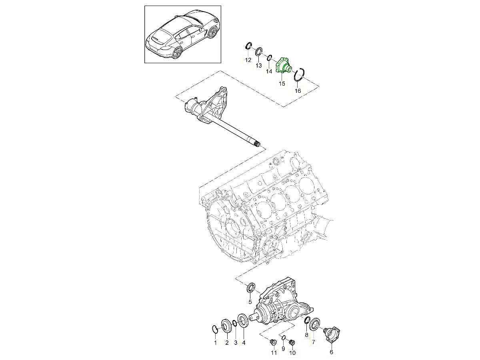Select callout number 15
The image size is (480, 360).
tap(282, 84)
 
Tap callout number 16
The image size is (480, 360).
tap(298, 91)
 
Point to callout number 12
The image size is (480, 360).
tap(248, 60)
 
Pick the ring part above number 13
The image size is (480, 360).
tap(259, 51)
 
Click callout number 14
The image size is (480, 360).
tap(269, 71)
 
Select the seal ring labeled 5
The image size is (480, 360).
tap(251, 288)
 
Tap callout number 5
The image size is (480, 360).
tap(250, 302)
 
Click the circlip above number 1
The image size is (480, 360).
tap(214, 329)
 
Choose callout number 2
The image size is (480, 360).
tap(226, 342)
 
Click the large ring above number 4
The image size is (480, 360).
tap(242, 321)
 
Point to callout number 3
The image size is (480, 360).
tap(236, 342)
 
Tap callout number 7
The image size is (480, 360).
tap(314, 342)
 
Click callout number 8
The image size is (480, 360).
tap(306, 335)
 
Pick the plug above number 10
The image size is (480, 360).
tap(292, 342)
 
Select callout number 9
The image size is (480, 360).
tap(283, 348)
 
